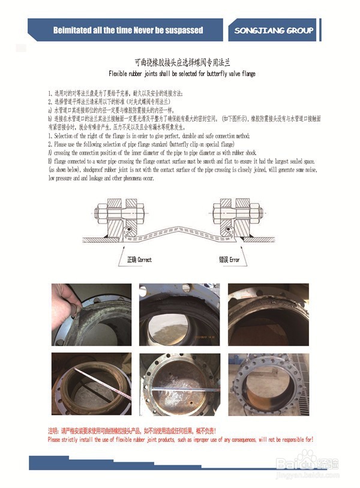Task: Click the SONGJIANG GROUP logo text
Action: tap(274, 31)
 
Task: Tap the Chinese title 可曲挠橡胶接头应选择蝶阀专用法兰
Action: tap(181, 62)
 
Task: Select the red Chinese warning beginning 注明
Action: tap(132, 430)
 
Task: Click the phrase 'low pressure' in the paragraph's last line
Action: tap(62, 179)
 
